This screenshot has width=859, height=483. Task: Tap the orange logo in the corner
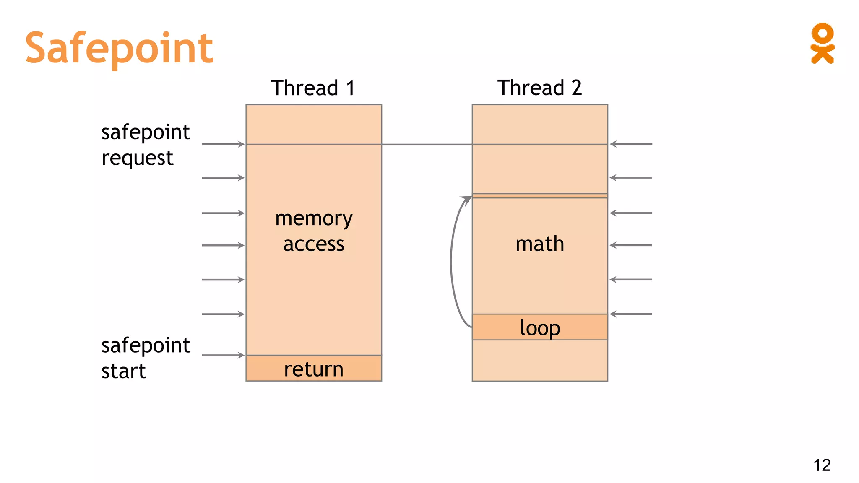(x=822, y=44)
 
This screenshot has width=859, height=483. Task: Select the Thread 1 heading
(x=313, y=88)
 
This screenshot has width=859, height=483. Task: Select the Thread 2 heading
(x=539, y=88)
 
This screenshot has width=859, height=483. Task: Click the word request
(x=137, y=158)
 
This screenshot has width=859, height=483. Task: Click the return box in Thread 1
(x=314, y=369)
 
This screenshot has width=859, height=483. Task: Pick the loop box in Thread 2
(x=540, y=327)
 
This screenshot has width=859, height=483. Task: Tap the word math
(x=540, y=244)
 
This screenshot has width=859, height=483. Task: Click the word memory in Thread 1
(x=314, y=219)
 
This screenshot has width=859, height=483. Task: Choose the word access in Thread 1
(x=314, y=244)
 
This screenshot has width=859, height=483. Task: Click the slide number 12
(x=822, y=465)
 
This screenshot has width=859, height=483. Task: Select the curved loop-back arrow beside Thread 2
(x=452, y=262)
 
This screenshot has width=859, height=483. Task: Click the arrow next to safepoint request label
(x=223, y=144)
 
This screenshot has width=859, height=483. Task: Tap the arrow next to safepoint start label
(x=223, y=356)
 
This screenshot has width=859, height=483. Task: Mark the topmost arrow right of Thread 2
(x=631, y=144)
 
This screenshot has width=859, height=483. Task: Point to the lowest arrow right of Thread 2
(x=631, y=314)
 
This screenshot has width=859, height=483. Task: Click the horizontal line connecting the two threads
(x=427, y=144)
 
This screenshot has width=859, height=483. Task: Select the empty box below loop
(x=540, y=361)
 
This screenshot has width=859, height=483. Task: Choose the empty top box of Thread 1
(x=314, y=125)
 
